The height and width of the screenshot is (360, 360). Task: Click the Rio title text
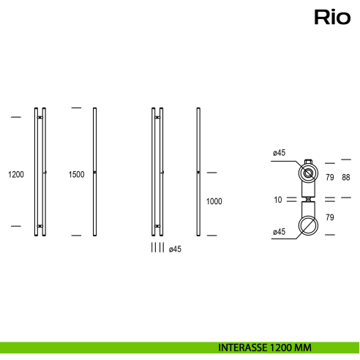332,16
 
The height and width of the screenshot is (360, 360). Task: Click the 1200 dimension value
16,174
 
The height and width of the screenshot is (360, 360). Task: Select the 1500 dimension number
76,174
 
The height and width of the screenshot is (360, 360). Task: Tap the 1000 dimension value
214,201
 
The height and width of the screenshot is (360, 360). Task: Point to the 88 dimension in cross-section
346,178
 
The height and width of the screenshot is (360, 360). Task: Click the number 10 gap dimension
277,198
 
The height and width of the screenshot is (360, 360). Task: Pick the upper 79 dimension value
329,178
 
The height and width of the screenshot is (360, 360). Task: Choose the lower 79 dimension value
329,217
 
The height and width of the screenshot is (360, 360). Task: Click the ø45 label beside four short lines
175,249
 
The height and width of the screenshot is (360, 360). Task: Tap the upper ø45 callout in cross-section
278,152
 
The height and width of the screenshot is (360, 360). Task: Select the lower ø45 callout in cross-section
278,232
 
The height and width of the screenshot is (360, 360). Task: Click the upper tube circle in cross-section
309,174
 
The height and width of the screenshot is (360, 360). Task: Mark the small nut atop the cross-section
309,162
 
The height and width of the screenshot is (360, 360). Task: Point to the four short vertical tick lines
157,248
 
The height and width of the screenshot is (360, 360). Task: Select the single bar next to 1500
95,173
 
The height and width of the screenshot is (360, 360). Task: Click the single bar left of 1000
199,173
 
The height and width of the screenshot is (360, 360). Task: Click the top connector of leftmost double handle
40,118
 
